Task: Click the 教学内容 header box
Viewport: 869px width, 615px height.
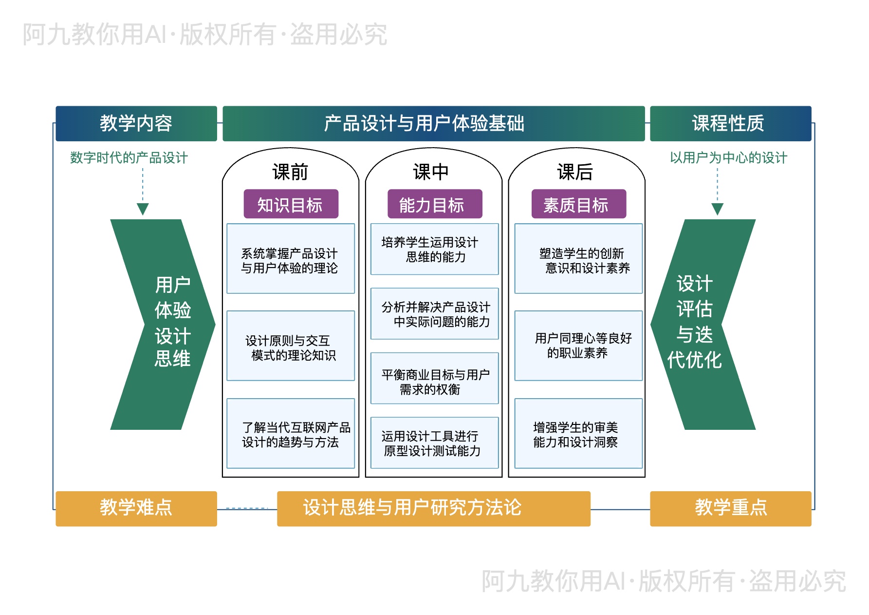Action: (136, 123)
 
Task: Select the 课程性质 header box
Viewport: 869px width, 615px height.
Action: (730, 123)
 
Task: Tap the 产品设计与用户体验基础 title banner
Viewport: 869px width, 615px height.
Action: (433, 123)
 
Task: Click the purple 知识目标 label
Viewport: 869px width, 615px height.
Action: (291, 204)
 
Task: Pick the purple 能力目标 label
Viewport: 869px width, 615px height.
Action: (434, 204)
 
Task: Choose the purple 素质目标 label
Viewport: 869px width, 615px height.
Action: (578, 204)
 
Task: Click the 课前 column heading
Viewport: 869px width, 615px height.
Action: (290, 172)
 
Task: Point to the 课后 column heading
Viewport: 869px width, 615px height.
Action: (575, 172)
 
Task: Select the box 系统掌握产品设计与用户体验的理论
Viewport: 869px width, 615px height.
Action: (291, 259)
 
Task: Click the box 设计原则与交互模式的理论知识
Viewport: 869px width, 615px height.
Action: (291, 346)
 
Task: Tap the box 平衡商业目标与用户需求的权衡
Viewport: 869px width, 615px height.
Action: (434, 379)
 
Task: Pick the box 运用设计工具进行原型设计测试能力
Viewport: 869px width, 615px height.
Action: (434, 443)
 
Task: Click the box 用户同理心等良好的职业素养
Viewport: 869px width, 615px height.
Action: (578, 346)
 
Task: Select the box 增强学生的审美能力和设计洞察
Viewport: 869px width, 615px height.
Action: (578, 434)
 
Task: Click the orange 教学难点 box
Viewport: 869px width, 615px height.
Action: (136, 508)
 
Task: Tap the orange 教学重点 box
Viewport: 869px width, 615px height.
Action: (730, 508)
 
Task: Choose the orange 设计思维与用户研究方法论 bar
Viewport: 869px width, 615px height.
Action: (433, 508)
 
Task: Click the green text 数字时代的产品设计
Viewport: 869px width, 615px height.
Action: (129, 158)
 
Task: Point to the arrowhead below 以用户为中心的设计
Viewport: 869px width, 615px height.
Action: (717, 210)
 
